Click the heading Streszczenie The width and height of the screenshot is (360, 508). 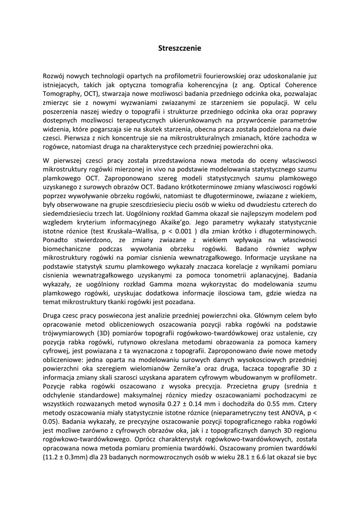(180, 48)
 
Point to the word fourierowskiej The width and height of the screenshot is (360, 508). (220, 76)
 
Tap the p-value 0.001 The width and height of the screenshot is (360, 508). (198, 231)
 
